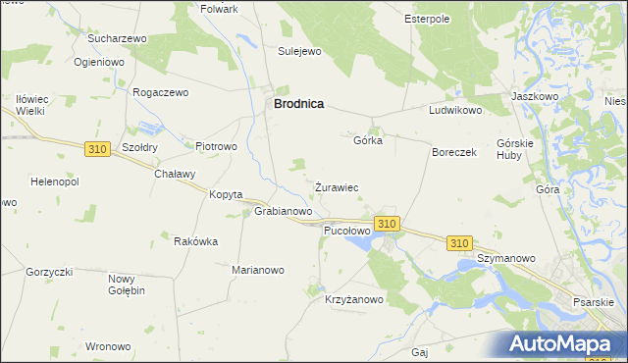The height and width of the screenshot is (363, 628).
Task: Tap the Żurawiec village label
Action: point(336,186)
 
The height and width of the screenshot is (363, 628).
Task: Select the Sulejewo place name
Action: point(300,51)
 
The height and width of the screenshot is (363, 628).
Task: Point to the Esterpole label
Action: point(427,18)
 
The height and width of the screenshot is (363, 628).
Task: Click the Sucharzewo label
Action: point(117,38)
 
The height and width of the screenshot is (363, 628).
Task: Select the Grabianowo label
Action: point(284,211)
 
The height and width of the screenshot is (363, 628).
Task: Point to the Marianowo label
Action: point(257,270)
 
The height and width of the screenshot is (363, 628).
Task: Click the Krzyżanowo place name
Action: point(353,300)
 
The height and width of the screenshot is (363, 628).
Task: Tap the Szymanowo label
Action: point(505,258)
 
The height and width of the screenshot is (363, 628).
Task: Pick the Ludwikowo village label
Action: point(455,111)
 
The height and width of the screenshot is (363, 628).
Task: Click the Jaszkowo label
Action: point(535,97)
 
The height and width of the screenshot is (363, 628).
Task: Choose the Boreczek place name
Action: point(454,153)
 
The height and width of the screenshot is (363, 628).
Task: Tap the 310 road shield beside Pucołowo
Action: point(387,224)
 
